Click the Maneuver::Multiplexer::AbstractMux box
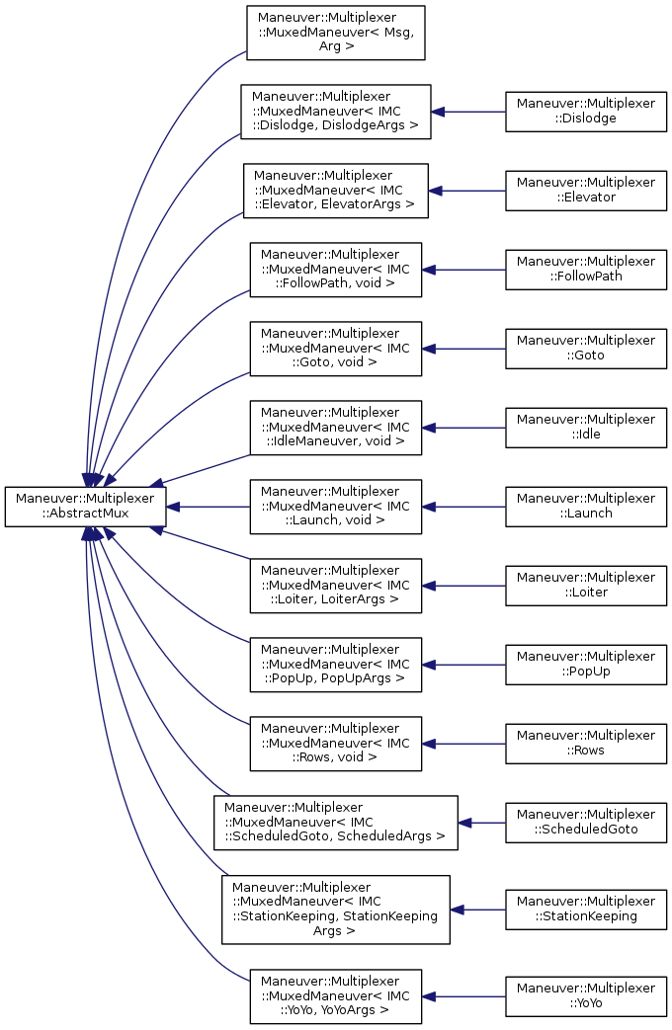tap(85, 506)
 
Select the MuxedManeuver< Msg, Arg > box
tap(336, 32)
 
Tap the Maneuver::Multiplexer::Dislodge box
tap(586, 111)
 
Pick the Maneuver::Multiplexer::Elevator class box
tap(586, 190)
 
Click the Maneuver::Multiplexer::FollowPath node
tap(586, 269)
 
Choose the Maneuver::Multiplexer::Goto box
tap(586, 348)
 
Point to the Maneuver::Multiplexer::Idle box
tap(586, 427)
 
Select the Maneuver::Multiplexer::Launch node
tap(586, 506)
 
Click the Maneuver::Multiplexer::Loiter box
tap(586, 585)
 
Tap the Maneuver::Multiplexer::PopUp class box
tap(586, 664)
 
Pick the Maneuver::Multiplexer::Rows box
tap(586, 743)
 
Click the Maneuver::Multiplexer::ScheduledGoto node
tap(586, 822)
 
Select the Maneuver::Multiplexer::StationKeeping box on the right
tap(586, 909)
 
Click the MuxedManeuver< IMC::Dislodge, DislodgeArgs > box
tap(336, 111)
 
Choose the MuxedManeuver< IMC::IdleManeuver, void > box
tap(336, 427)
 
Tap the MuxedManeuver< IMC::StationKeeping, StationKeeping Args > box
tap(336, 909)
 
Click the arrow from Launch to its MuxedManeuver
tap(463, 506)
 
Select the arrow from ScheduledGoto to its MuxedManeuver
tap(482, 822)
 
